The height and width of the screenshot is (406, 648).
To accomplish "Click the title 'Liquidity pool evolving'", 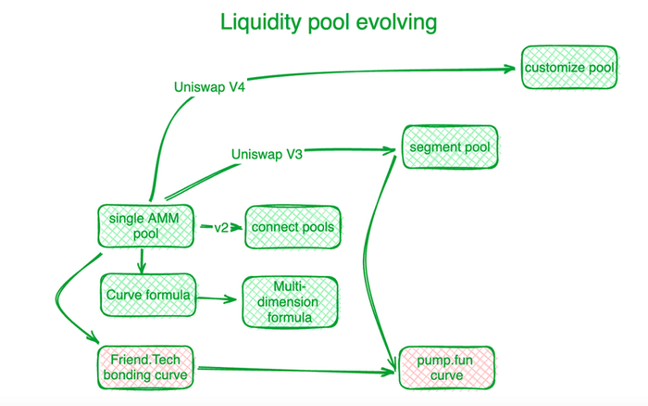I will click(x=327, y=21).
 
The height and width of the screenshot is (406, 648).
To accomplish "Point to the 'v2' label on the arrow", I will click(x=220, y=227).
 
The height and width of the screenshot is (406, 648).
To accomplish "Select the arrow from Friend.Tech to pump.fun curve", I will click(x=296, y=372).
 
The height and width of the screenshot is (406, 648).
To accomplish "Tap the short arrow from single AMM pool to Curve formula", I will click(x=140, y=263).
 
